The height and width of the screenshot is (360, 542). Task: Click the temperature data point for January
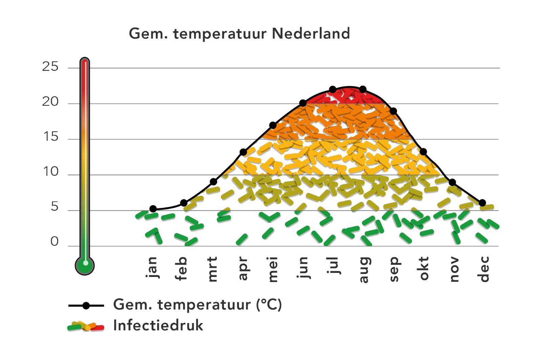(153, 209)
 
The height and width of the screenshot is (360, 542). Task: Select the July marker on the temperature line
(333, 89)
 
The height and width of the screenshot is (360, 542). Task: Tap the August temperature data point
(363, 89)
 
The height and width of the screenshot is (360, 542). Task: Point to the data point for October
(423, 152)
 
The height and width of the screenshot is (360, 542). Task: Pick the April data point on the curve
(243, 152)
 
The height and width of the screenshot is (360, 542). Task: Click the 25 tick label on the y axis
(50, 67)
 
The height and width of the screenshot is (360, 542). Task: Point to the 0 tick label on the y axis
(54, 242)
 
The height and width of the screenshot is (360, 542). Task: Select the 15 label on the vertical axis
(50, 137)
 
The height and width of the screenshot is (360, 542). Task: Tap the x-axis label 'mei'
(273, 269)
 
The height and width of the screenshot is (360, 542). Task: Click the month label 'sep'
(394, 269)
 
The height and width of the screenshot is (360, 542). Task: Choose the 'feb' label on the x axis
(182, 268)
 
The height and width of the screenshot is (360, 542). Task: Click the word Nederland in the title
(311, 34)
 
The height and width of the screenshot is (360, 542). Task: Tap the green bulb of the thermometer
(85, 265)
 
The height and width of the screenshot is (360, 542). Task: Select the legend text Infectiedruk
(158, 325)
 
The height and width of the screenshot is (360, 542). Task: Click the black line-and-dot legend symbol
(86, 306)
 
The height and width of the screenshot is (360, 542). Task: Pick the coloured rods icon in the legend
(86, 326)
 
